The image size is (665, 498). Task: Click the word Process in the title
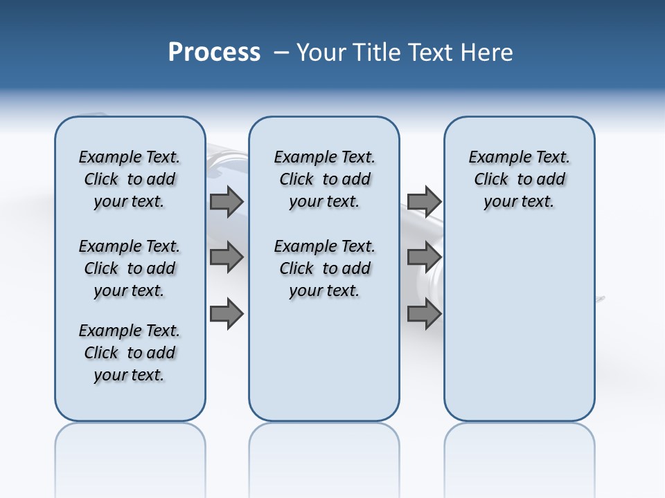214,53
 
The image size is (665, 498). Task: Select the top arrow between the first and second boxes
227,202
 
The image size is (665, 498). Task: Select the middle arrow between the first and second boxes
227,257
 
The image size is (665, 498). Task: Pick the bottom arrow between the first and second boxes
227,314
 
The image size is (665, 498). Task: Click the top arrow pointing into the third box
424,202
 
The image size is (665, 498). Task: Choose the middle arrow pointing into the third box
424,257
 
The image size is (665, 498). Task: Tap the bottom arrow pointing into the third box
424,314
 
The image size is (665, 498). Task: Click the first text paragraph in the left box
130,179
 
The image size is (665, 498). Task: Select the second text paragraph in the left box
130,268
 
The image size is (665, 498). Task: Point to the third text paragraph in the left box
130,353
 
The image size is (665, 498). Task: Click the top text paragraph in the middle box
324,179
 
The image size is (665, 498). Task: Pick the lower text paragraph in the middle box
324,268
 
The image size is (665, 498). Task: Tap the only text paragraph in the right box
519,179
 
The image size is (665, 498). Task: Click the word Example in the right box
497,158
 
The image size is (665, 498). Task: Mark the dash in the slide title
281,53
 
